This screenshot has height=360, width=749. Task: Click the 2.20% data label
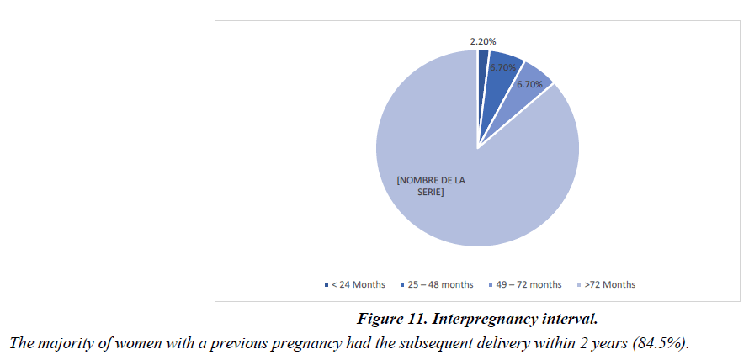pyautogui.click(x=483, y=40)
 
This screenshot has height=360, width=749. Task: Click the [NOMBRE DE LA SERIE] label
pyautogui.click(x=430, y=186)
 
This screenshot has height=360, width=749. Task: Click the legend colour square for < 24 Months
pyautogui.click(x=326, y=285)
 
